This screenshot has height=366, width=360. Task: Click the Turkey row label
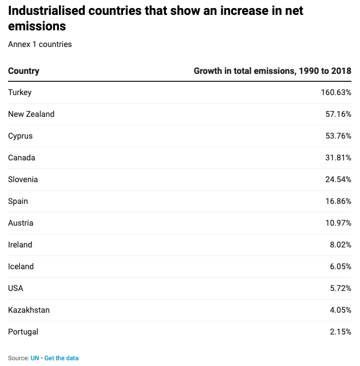[x=20, y=92]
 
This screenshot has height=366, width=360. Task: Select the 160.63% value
[x=336, y=92]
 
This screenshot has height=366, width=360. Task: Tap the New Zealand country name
[x=31, y=114]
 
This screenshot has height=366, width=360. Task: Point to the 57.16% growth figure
[x=338, y=114]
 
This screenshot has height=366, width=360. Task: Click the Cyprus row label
[x=21, y=136]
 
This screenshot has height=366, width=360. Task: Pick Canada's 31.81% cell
[x=338, y=158]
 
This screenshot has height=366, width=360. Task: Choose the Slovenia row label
[x=23, y=179]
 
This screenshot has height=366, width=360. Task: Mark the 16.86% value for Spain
[x=338, y=201]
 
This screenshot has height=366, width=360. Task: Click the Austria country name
[x=21, y=223]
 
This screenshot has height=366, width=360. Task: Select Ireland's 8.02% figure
[x=341, y=245]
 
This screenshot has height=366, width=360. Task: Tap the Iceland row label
[x=21, y=266]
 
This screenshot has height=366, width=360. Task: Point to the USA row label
[x=16, y=288]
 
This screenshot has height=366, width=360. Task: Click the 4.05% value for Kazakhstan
[x=341, y=310]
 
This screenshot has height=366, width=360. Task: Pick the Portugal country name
[x=23, y=332]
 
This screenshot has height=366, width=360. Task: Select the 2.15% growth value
[x=341, y=332]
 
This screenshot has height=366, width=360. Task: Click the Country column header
[x=23, y=71]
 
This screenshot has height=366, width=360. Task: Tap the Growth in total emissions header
[x=272, y=71]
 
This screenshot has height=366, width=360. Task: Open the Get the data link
[x=61, y=358]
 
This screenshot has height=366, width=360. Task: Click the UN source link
[x=34, y=358]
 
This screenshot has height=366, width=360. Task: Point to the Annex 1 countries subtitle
[x=40, y=44]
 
